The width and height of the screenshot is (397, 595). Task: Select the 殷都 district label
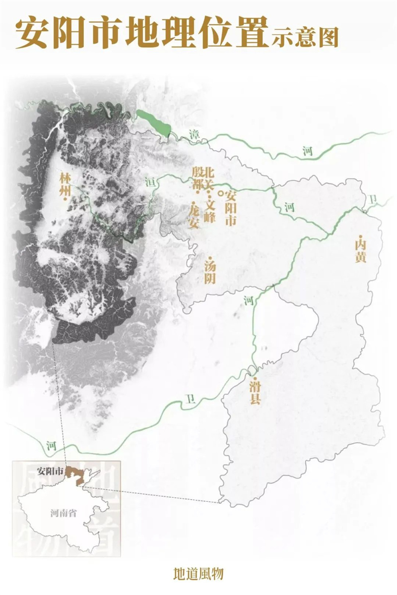pyautogui.click(x=198, y=179)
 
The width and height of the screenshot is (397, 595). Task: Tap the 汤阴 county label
pyautogui.click(x=210, y=272)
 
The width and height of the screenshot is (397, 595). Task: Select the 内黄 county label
pyautogui.click(x=360, y=250)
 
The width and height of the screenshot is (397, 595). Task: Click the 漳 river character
pyautogui.click(x=194, y=133)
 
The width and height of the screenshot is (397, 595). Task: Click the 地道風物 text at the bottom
pyautogui.click(x=198, y=575)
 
